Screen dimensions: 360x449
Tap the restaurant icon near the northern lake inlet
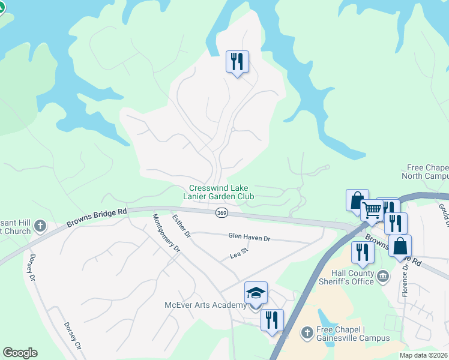[x=237, y=61]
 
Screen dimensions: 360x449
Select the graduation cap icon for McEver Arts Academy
[x=256, y=293]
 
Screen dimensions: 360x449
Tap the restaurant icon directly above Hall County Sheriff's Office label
[x=363, y=252]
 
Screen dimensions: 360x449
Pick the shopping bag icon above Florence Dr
[x=400, y=245]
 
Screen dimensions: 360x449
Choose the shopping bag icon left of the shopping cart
[x=357, y=200]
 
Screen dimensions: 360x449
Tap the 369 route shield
[x=221, y=212]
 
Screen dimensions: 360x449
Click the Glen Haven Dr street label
[x=249, y=238]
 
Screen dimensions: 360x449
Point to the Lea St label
[x=239, y=256]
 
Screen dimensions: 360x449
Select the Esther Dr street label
[x=181, y=226]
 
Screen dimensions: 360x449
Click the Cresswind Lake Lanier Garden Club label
[x=218, y=192]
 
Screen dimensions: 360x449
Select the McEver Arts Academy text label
[x=205, y=305]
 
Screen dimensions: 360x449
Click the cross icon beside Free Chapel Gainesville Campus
[x=306, y=332]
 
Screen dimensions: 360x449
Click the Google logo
[x=20, y=353]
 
